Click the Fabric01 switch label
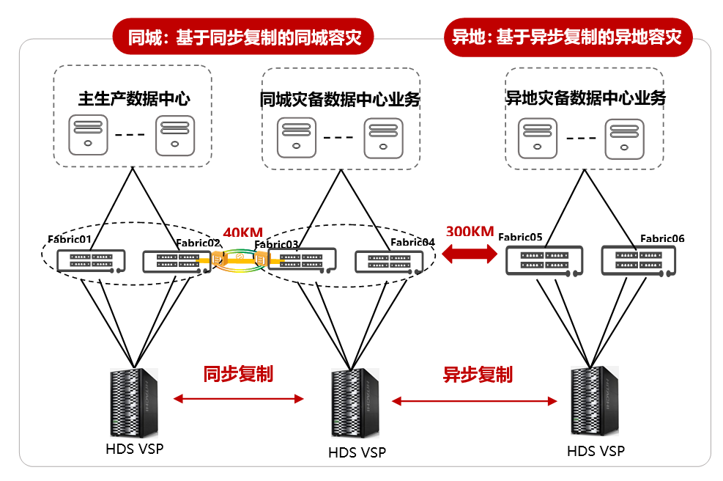pos(70,239)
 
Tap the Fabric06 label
pos(662,238)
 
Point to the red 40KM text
pos(243,232)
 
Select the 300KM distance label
pos(470,231)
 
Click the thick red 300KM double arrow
pos(470,253)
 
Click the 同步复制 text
pos(238,373)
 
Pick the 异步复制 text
pos(478,375)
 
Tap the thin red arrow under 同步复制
pos(238,399)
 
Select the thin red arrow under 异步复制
pos(475,401)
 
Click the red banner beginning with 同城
pos(243,37)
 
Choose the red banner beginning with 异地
pos(568,37)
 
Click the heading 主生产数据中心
pos(134,98)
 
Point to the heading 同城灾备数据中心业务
pos(340,99)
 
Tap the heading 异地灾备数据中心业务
pos(585,98)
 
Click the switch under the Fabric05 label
pos(544,261)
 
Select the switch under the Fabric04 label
pos(389,262)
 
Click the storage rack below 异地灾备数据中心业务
pos(595,400)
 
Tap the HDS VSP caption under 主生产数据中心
pos(135,449)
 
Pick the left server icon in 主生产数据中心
pos(88,135)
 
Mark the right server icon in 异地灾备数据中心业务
pos(624,139)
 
